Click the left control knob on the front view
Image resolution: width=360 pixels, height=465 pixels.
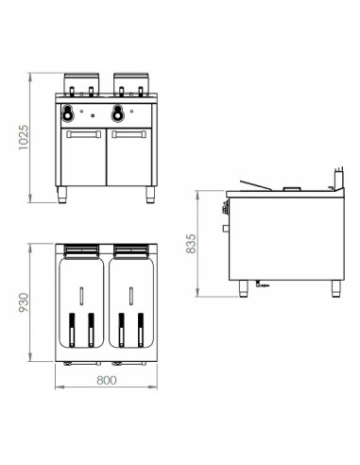click(x=69, y=113)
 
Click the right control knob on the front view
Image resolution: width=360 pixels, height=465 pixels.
click(x=119, y=113)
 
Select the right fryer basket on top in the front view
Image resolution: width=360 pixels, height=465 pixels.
click(x=130, y=82)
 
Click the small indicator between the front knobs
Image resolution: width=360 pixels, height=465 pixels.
click(x=94, y=114)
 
